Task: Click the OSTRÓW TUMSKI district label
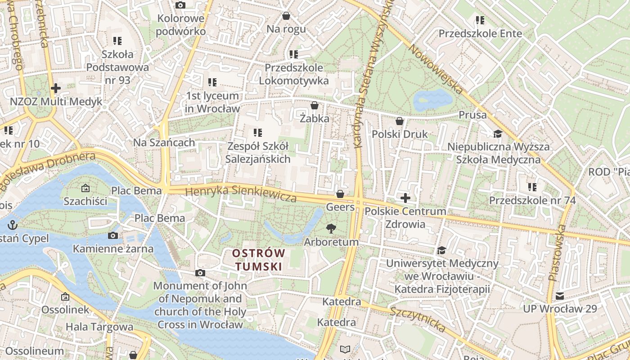(x=259, y=260)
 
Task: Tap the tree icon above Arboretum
(x=331, y=228)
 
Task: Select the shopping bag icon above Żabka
(x=314, y=105)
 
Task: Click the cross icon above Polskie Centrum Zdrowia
(x=405, y=198)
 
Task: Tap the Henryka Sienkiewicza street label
(x=241, y=193)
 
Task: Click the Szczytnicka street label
(x=418, y=319)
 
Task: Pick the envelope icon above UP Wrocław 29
(x=559, y=296)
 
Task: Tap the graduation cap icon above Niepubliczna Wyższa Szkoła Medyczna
(x=498, y=134)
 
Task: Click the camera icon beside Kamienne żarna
(x=113, y=235)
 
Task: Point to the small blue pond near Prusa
(x=432, y=99)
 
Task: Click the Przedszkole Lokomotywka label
(x=293, y=74)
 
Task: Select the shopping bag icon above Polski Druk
(x=399, y=121)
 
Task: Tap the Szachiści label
(x=85, y=201)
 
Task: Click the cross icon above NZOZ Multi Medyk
(x=56, y=88)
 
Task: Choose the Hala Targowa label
(x=99, y=327)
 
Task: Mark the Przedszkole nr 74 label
(x=532, y=200)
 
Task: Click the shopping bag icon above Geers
(x=340, y=194)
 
